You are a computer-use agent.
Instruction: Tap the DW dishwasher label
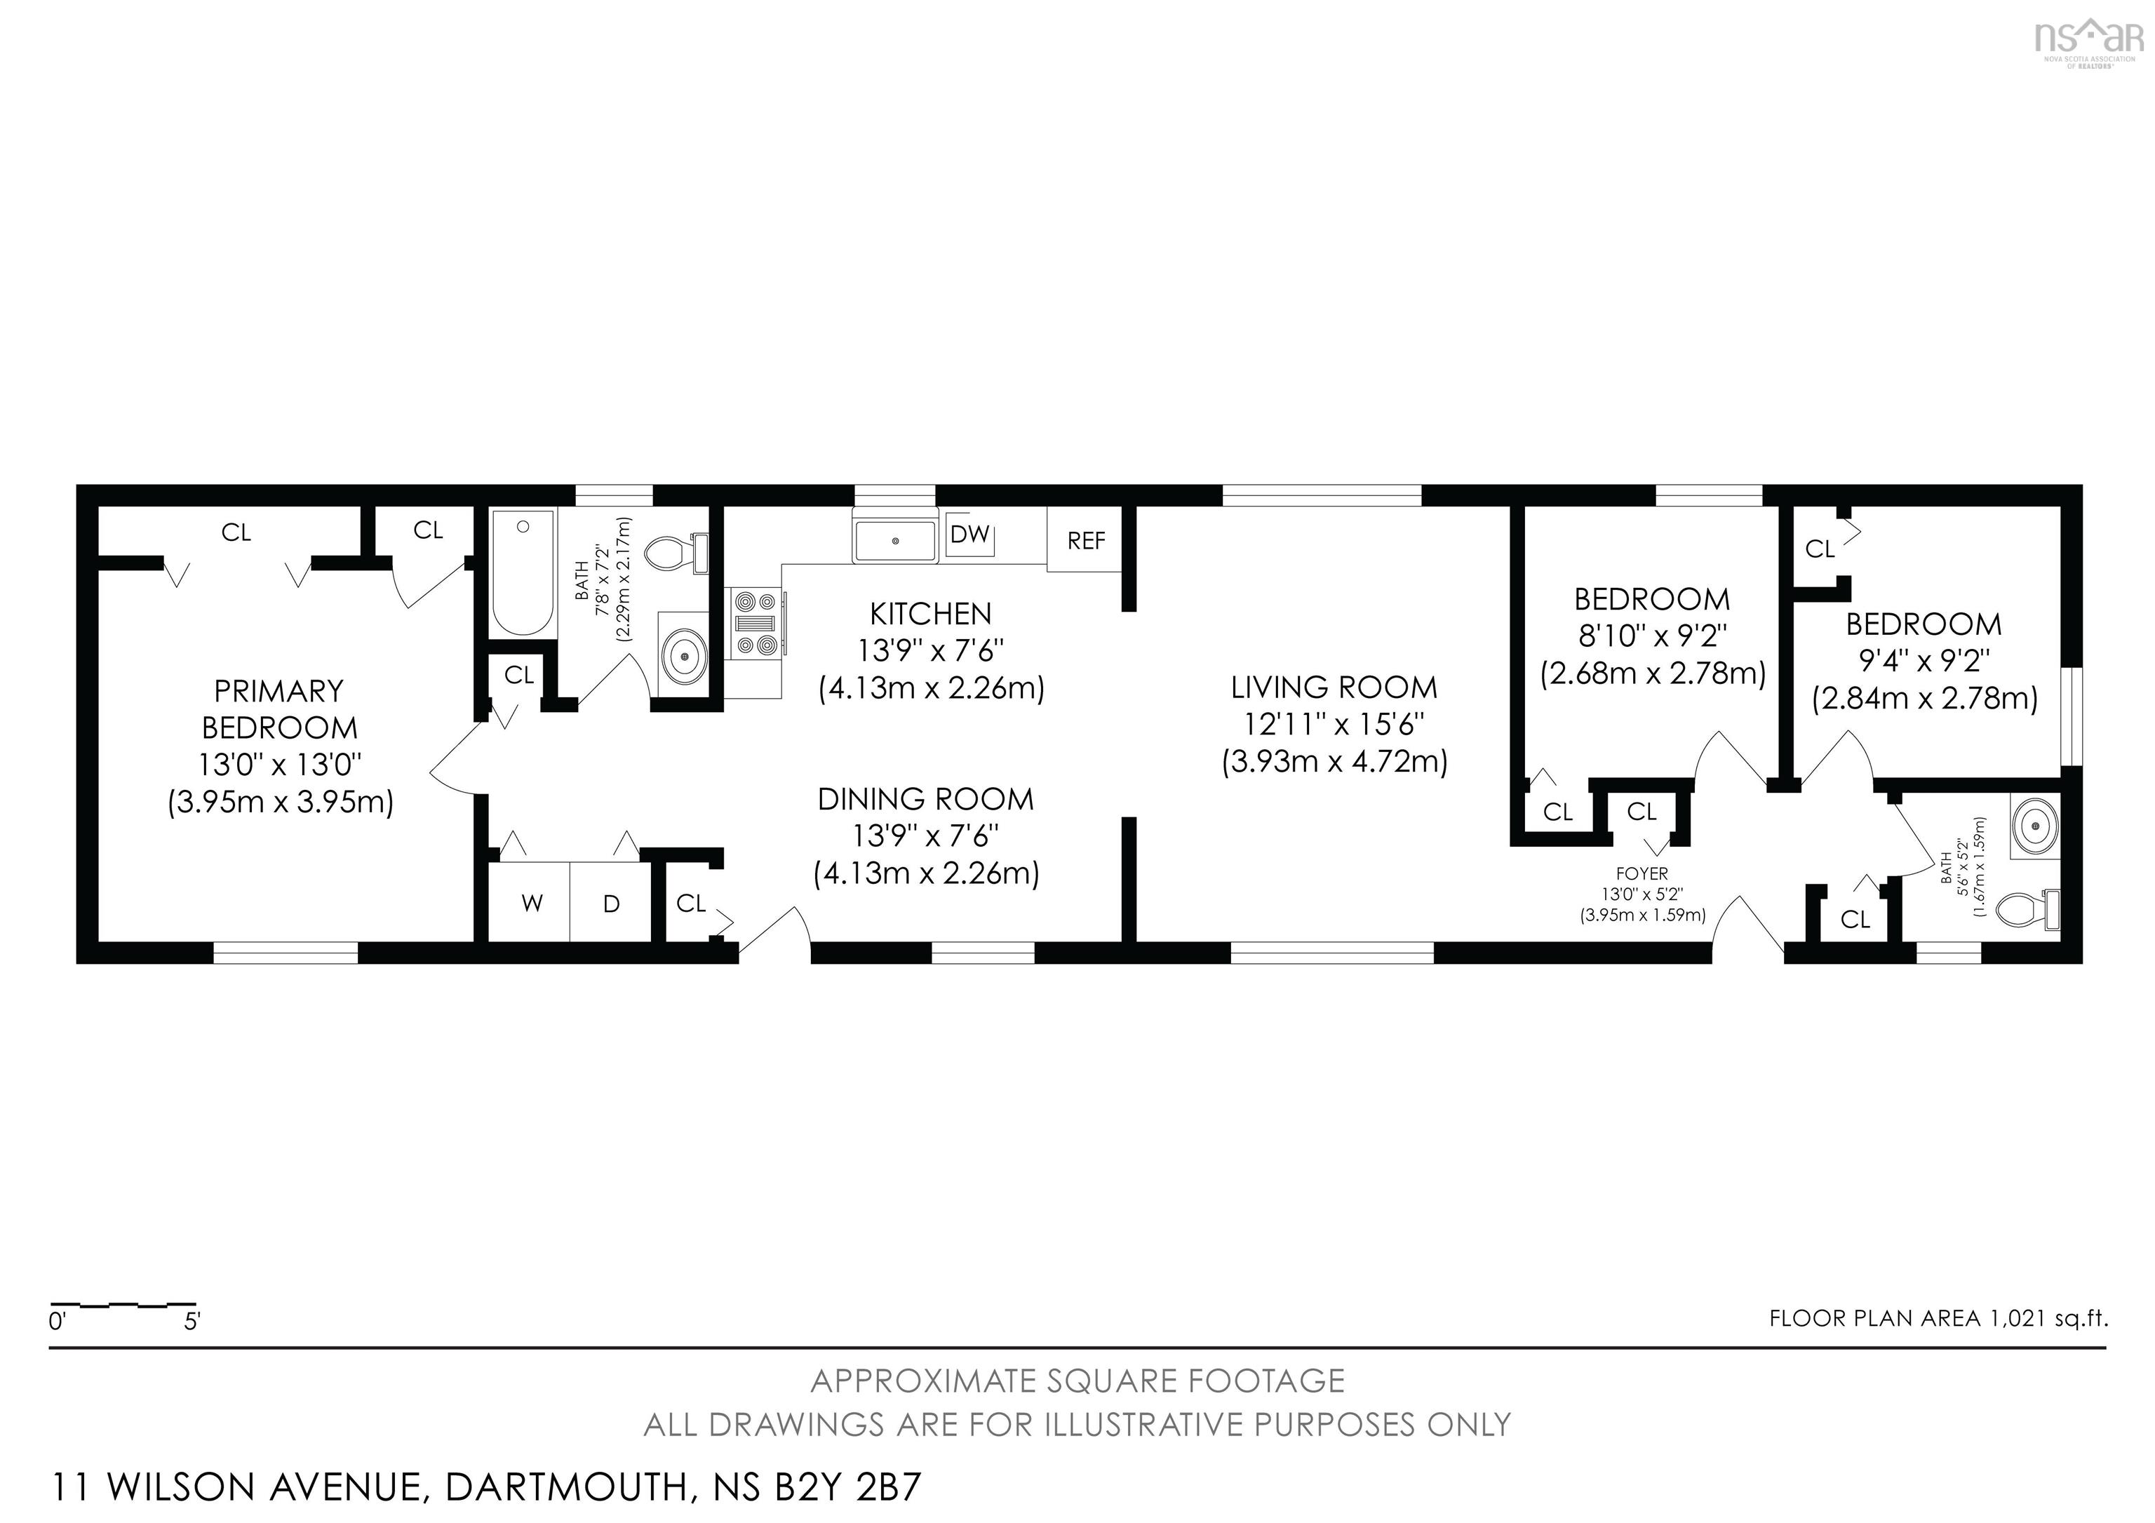pos(969,534)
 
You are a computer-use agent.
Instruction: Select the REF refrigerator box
pos(1085,539)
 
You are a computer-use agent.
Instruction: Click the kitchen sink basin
pos(895,540)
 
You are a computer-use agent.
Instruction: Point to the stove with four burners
pos(756,622)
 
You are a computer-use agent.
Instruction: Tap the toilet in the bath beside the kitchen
pos(678,553)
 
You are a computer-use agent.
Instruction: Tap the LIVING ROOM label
pos(1334,687)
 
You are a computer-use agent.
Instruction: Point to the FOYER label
pos(1642,873)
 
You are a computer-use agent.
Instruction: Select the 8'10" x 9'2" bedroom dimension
pos(1653,636)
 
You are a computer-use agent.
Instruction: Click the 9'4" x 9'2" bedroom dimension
pos(1924,661)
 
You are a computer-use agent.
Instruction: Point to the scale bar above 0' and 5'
pos(123,1304)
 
